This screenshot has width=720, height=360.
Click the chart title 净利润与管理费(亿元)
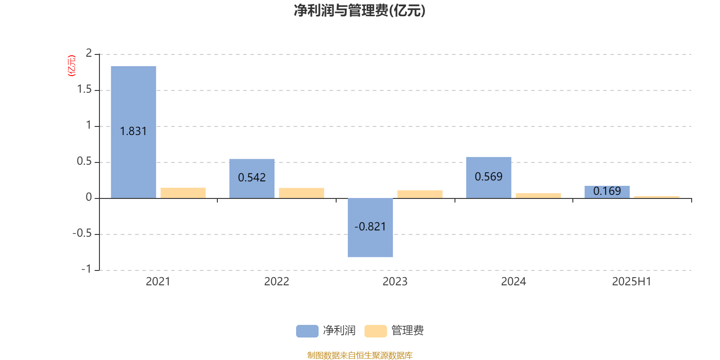coord(360,11)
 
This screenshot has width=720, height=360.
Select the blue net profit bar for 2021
coord(133,132)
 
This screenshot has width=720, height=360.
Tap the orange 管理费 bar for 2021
coord(183,193)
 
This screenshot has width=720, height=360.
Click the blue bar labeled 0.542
coord(252,179)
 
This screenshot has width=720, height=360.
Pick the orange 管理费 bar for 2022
coord(301,193)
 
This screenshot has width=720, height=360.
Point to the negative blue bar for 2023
coord(370,228)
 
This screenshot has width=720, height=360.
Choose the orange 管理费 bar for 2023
coord(420,194)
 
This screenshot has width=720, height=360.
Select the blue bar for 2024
coord(489,178)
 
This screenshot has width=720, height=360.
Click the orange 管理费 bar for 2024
coord(538,196)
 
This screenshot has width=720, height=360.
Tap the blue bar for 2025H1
coord(607,192)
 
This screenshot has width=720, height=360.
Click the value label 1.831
coord(133,131)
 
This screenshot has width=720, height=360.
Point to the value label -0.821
coord(370,227)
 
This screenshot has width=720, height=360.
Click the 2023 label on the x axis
coord(395,282)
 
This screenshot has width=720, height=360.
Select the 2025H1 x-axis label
coord(632,282)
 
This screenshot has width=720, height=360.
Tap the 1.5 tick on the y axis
coord(85,89)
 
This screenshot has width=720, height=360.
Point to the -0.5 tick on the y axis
coord(82,233)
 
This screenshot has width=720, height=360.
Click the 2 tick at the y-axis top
coord(89,53)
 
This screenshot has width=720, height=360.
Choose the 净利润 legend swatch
coord(307,331)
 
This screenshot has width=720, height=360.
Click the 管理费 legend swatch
coord(375,331)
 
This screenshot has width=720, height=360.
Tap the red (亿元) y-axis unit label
coord(72,66)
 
